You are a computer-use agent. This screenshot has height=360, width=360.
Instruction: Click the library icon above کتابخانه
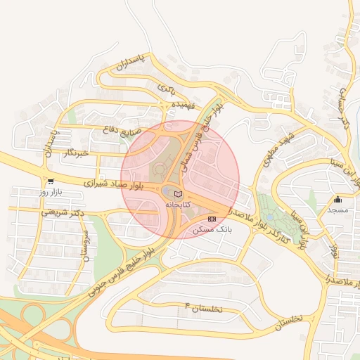pos(178,193)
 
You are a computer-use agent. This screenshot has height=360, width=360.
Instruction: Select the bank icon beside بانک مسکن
pos(212,219)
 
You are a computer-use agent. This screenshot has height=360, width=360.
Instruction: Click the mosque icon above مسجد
pos(338,199)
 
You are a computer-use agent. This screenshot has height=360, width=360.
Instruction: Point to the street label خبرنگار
pos(75,153)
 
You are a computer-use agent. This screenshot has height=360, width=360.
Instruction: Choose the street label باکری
pos(166,89)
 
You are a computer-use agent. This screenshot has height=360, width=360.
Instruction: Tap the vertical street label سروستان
pos(85,245)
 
